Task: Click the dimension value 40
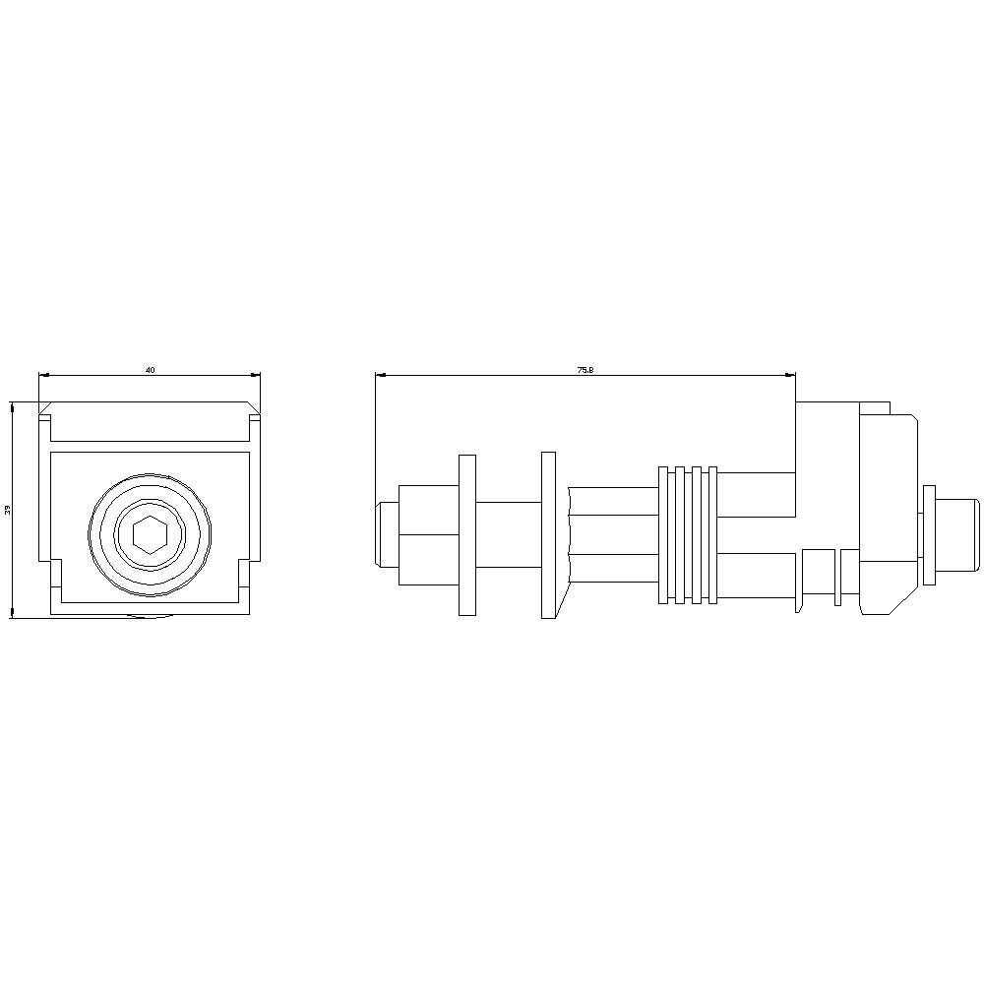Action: click(x=151, y=370)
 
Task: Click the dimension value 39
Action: click(x=7, y=510)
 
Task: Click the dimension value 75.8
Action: click(x=585, y=370)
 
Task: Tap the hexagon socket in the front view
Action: click(x=151, y=534)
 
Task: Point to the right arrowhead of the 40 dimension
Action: click(x=257, y=374)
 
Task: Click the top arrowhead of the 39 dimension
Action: click(x=12, y=405)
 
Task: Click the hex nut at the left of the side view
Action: click(x=422, y=534)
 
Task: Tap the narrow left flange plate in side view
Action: click(x=467, y=534)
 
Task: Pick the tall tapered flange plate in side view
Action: click(x=549, y=534)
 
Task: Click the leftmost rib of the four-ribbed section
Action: click(x=664, y=534)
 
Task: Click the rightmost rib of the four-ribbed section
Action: click(x=712, y=534)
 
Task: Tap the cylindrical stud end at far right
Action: click(x=959, y=534)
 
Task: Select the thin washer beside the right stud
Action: click(x=929, y=534)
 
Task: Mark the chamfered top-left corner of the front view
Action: click(x=45, y=407)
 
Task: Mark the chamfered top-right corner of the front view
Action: click(x=256, y=407)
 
